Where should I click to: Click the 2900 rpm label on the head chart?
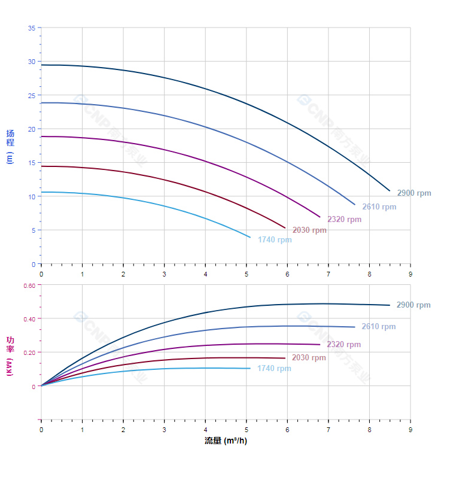(x=413, y=193)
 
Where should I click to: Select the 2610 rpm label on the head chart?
(x=379, y=207)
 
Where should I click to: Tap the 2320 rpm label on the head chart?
(x=344, y=220)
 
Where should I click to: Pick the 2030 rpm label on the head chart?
(x=309, y=230)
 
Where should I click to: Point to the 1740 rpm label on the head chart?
(x=275, y=240)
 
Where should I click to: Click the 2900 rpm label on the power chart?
(x=413, y=305)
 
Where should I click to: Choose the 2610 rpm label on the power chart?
(x=379, y=327)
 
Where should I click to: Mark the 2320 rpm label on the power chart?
(x=343, y=345)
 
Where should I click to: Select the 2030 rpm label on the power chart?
(x=309, y=358)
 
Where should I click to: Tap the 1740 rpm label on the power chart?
(x=274, y=369)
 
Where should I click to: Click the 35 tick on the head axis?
(x=32, y=28)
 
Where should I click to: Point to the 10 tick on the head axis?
(x=32, y=197)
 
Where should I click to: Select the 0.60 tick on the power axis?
(x=29, y=285)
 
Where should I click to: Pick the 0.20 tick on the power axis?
(x=29, y=353)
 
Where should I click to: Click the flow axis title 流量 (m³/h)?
(x=226, y=441)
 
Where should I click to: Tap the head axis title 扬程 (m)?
(x=10, y=146)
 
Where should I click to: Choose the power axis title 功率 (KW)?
(x=10, y=356)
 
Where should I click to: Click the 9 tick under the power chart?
(x=410, y=430)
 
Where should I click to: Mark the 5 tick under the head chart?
(x=246, y=274)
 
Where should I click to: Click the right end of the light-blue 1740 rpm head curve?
(x=250, y=238)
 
